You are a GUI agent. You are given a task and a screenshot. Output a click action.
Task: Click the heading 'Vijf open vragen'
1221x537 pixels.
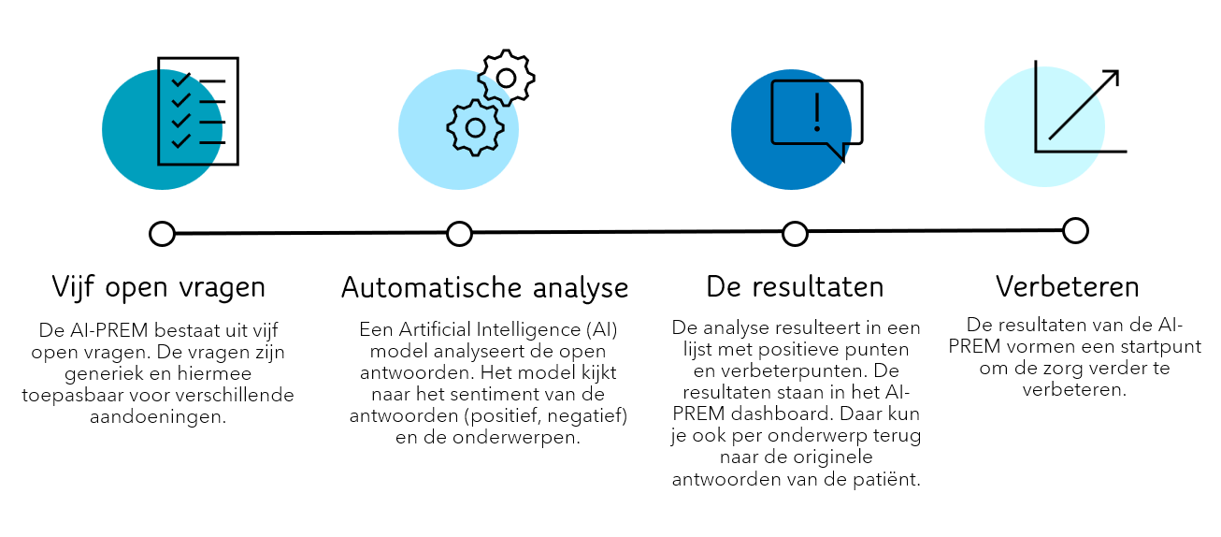[x=158, y=286]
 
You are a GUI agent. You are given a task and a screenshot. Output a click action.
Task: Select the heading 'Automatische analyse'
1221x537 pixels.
[x=484, y=287]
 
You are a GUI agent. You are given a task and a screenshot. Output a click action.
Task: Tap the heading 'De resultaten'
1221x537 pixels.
[x=795, y=286]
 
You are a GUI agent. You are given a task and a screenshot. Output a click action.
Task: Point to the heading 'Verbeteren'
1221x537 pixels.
[x=1068, y=286]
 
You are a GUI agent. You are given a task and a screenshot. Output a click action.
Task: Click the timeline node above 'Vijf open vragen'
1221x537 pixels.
[x=162, y=233]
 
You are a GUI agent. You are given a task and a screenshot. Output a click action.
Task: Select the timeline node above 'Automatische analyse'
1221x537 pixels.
[x=459, y=233]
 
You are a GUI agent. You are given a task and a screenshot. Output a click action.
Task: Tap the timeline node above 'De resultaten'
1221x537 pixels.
[x=795, y=233]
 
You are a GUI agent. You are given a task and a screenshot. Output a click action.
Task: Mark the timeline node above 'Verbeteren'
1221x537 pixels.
[x=1075, y=230]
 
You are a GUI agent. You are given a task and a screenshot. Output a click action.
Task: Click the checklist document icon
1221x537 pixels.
[x=198, y=110]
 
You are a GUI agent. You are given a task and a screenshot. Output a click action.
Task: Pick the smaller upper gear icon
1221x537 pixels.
[x=506, y=77]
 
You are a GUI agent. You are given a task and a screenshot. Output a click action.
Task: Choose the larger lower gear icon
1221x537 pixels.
[x=475, y=127]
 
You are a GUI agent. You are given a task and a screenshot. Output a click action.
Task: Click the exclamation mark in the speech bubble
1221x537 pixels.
[x=816, y=111]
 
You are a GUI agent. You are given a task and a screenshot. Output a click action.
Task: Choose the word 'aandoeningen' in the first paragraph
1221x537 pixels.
[x=158, y=417]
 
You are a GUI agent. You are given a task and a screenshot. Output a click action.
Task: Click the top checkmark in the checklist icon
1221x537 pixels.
[x=180, y=79]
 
